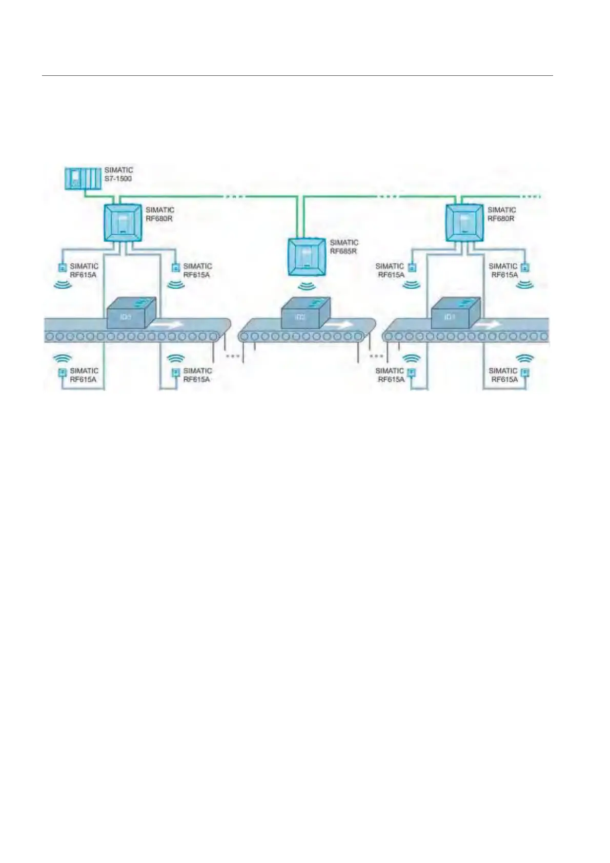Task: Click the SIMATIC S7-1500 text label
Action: point(118,174)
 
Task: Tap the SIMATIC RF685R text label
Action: point(344,247)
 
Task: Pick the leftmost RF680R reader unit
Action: point(123,222)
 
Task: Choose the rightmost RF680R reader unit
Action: point(464,222)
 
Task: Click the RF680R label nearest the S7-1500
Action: point(160,214)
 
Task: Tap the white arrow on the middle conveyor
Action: point(339,325)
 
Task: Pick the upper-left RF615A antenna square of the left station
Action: point(63,267)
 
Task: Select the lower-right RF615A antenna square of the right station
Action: point(524,373)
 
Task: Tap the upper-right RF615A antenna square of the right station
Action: point(524,267)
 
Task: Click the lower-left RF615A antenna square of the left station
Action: point(63,373)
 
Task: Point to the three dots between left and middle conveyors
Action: point(233,356)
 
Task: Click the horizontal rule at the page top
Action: point(297,76)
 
